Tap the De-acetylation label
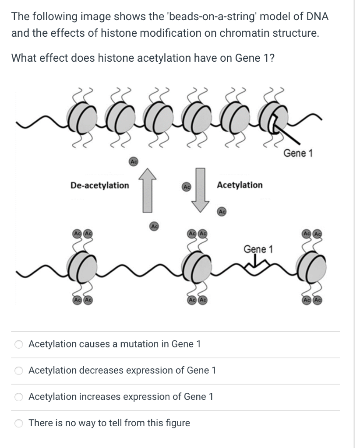[100, 185]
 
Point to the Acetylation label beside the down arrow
[240, 185]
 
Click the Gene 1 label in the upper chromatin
[298, 154]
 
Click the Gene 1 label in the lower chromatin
[258, 249]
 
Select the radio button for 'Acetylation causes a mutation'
[19, 344]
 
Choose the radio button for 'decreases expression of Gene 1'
[19, 371]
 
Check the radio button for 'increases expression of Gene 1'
[19, 397]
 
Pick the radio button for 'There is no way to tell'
[19, 423]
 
